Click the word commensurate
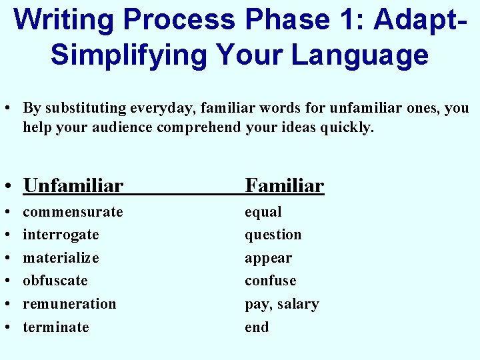click(73, 212)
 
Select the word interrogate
click(61, 235)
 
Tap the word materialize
click(61, 258)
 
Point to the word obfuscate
click(55, 281)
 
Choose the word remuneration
click(69, 304)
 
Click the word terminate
click(56, 327)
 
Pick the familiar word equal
click(263, 212)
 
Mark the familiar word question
click(273, 235)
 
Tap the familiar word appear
click(269, 258)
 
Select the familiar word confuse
click(271, 281)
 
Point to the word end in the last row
click(257, 327)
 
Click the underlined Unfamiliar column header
click(73, 185)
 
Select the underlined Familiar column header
click(285, 185)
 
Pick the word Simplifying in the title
click(126, 55)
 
